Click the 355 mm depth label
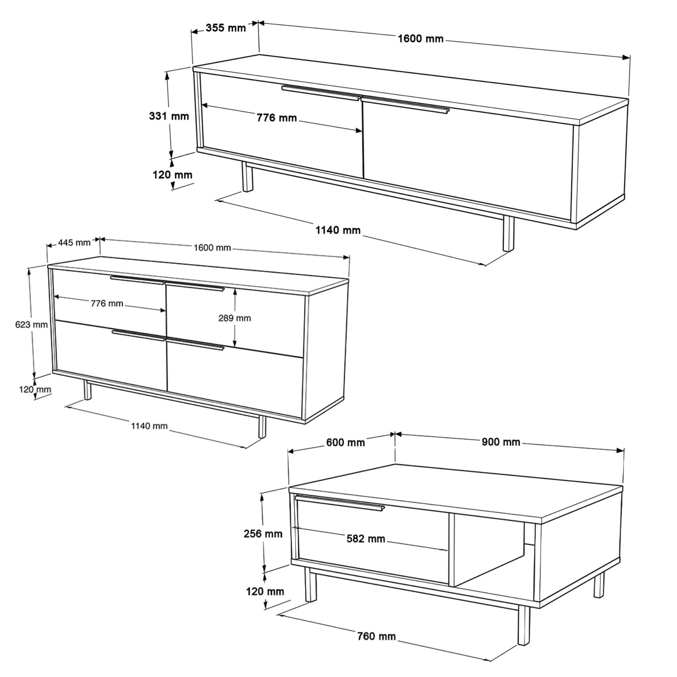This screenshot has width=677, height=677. tap(226, 28)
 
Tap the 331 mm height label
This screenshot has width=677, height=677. tap(169, 116)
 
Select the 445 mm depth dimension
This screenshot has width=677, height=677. tap(74, 242)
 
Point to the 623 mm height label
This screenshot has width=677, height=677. tap(31, 325)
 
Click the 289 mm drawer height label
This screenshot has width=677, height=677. tap(235, 318)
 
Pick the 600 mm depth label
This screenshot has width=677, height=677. tap(346, 442)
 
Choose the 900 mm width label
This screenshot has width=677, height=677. tap(501, 442)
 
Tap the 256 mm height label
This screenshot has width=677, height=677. tap(263, 534)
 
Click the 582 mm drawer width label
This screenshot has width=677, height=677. tap(366, 539)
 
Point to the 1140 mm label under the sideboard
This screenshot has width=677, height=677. tap(149, 426)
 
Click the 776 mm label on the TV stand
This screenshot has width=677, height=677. tap(277, 118)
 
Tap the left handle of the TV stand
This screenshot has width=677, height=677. tap(321, 92)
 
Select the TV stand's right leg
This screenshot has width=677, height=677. tap(508, 233)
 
